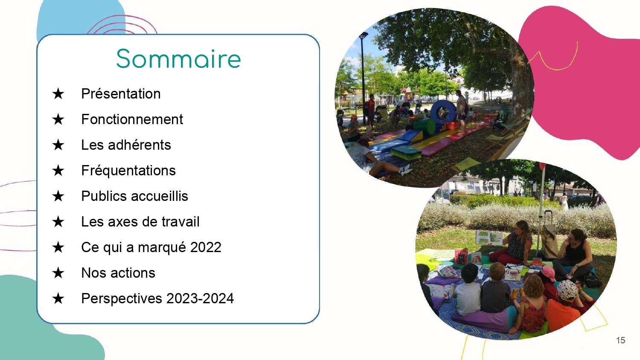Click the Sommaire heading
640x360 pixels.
tap(179, 59)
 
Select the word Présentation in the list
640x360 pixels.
tap(121, 94)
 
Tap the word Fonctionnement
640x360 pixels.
tap(132, 119)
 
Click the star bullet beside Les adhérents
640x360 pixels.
tap(58, 145)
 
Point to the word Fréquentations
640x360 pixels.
tap(128, 171)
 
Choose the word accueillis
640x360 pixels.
tap(160, 196)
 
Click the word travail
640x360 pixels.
tap(180, 222)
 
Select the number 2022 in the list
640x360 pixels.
tap(206, 247)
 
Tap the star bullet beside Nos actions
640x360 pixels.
tap(58, 273)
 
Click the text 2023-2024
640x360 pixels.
tap(200, 299)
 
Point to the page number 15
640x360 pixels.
tap(620, 340)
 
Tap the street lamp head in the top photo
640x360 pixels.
tap(364, 35)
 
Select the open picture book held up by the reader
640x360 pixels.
tap(489, 238)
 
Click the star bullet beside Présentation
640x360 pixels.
tap(58, 94)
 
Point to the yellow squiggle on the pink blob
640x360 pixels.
tap(554, 58)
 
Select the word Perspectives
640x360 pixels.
tap(122, 299)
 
